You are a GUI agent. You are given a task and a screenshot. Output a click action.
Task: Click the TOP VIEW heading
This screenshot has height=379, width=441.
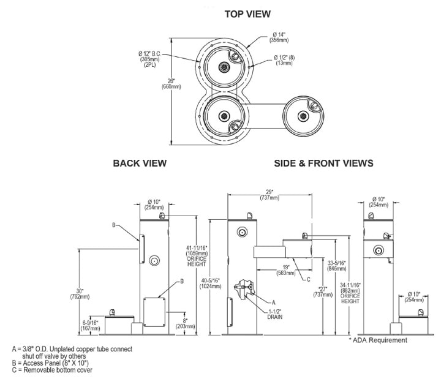coord(247,13)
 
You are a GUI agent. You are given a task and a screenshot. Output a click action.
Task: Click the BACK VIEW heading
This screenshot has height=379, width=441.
coord(140,163)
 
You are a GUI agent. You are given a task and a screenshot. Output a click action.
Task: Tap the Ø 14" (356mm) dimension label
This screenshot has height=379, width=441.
coord(280,36)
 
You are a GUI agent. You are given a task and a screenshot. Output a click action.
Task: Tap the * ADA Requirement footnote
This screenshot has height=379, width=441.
coord(378,340)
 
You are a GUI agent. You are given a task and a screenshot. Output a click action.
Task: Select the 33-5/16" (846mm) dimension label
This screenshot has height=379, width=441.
coord(336,265)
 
